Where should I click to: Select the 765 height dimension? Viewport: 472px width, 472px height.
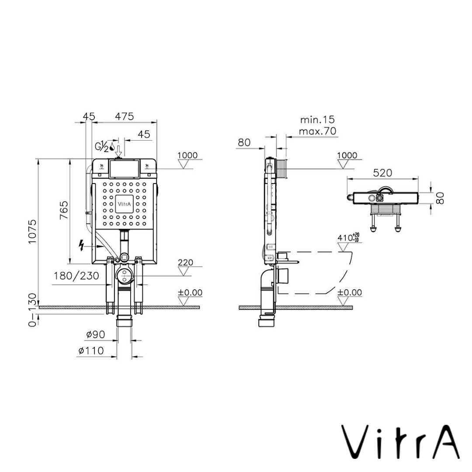pyautogui.click(x=64, y=211)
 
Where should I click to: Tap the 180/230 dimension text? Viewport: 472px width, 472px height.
pyautogui.click(x=76, y=276)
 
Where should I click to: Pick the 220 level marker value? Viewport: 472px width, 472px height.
pyautogui.click(x=185, y=263)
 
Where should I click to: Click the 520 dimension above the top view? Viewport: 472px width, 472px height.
pyautogui.click(x=382, y=173)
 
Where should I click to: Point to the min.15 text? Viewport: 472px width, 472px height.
pyautogui.click(x=317, y=120)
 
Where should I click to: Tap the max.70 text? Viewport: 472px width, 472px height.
pyautogui.click(x=318, y=131)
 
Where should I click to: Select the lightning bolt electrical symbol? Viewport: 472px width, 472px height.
pyautogui.click(x=81, y=246)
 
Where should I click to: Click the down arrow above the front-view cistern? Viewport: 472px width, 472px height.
pyautogui.click(x=118, y=150)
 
